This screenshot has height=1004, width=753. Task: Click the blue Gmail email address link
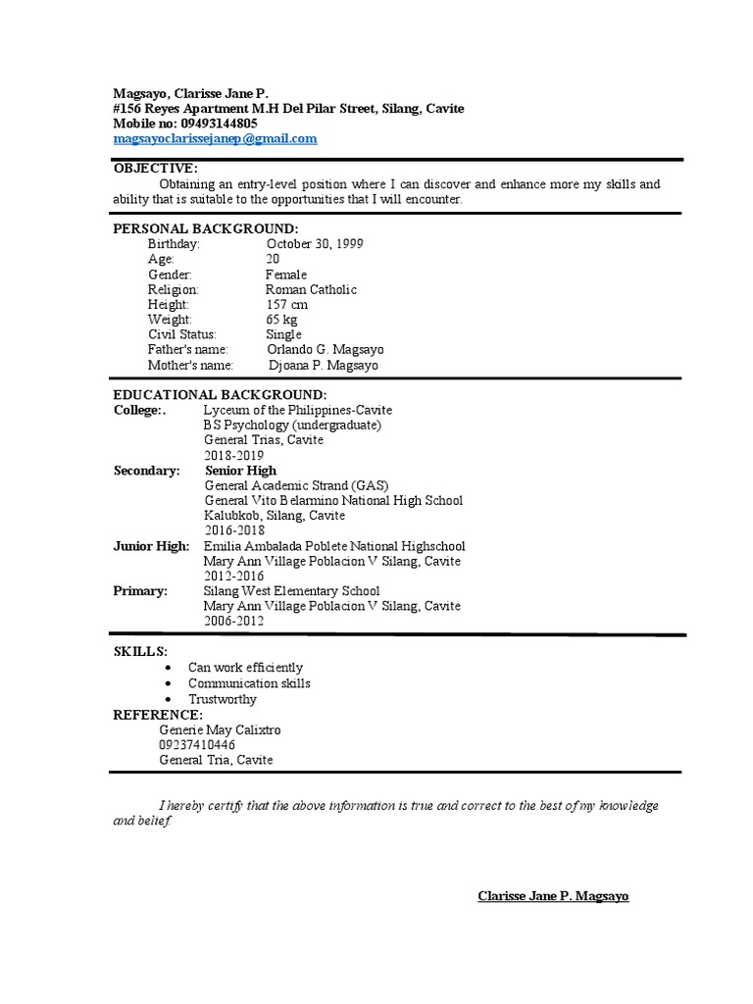215,139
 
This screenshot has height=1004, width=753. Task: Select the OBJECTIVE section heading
155,169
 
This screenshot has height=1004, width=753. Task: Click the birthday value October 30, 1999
314,243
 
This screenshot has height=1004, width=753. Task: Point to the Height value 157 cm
286,305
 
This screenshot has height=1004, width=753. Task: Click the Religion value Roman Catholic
311,290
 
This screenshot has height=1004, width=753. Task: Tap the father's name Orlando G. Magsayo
325,350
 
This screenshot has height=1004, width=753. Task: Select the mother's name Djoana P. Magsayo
322,366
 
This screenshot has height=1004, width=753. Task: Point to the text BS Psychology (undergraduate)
292,426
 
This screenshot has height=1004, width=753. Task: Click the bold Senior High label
241,471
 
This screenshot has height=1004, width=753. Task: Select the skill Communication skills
249,683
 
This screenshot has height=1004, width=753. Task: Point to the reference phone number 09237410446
197,745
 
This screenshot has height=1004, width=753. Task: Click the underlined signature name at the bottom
553,896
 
